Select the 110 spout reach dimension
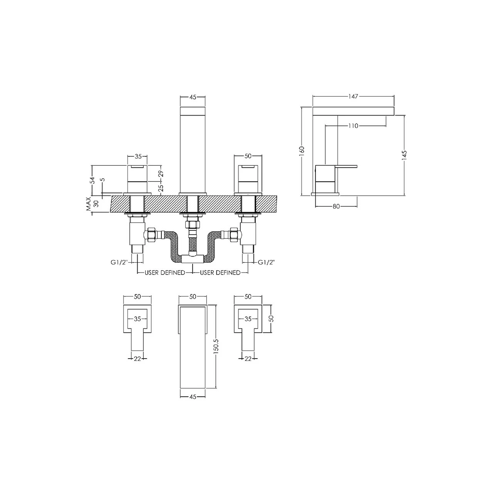(x=354, y=126)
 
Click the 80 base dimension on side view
(x=336, y=206)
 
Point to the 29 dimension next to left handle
(x=161, y=174)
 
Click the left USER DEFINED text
(x=165, y=273)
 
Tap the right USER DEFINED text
(x=220, y=273)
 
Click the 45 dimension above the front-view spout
(x=193, y=97)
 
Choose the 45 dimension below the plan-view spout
(x=193, y=397)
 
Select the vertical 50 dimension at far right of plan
(x=271, y=319)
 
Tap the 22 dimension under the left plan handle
(x=138, y=359)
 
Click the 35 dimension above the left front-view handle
(x=138, y=156)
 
